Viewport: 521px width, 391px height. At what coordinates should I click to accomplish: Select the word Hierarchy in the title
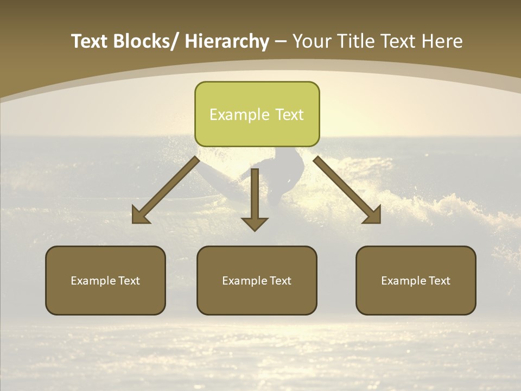pos(227,41)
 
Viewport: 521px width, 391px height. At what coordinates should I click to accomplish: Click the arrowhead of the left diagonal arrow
pos(140,216)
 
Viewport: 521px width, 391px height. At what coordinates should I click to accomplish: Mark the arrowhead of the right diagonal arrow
pos(373,216)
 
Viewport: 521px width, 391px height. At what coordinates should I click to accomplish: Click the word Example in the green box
pos(239,115)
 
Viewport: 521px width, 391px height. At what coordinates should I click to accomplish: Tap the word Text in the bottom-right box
pos(439,281)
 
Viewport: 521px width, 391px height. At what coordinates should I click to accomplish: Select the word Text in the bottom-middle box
pos(280,281)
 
